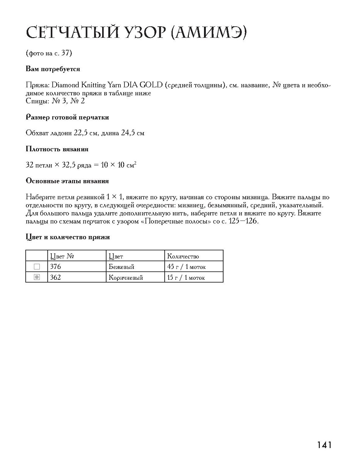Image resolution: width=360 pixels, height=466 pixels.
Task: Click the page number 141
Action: [324, 445]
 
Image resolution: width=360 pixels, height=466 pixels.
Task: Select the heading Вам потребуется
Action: [53, 69]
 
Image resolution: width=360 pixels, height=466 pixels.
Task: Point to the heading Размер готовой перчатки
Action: [67, 117]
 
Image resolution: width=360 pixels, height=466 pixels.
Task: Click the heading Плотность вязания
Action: [57, 149]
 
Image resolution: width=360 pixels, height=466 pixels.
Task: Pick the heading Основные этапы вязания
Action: [67, 181]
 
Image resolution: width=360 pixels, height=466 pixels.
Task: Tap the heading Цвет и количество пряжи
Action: [68, 237]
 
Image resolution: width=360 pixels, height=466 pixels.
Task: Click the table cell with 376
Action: [56, 266]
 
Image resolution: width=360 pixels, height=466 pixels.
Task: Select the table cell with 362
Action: [56, 277]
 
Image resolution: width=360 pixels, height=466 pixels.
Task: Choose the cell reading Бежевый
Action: [121, 267]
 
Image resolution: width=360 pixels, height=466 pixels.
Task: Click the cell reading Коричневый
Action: [126, 278]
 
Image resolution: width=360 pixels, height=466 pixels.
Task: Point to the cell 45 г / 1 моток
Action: [186, 267]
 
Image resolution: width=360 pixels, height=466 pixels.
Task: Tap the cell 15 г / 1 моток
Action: [186, 278]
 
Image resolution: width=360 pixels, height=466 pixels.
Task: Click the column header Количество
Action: [183, 256]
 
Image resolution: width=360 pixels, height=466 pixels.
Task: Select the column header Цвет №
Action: [62, 256]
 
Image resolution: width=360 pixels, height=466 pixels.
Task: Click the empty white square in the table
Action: [36, 267]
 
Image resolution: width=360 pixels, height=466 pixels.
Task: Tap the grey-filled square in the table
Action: [36, 277]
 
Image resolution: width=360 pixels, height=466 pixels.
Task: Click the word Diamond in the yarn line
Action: [65, 85]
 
